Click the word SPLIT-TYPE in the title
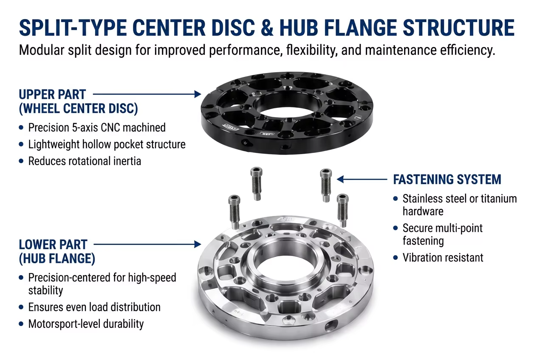pos(73,28)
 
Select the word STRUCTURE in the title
pos(458,28)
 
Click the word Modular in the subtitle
pos(42,50)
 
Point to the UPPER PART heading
pos(52,94)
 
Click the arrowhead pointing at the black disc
pos(198,94)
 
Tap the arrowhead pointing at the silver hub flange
pos(198,244)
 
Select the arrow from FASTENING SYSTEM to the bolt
pos(362,179)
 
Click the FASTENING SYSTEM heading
pos(447,180)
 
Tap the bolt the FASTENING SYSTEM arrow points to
pos(325,185)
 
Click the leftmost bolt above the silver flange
pos(234,212)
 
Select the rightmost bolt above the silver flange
pos(342,210)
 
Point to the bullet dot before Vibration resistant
pos(396,258)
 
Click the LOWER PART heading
pos(53,245)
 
